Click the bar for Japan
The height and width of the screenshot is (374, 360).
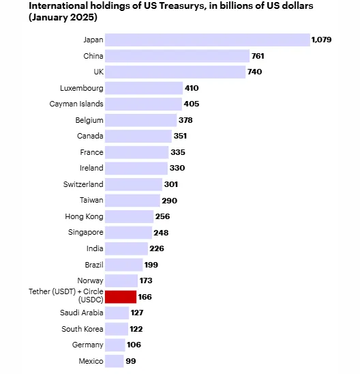pos(207,40)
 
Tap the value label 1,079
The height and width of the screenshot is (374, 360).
pos(321,40)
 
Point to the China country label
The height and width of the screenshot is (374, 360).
pos(93,56)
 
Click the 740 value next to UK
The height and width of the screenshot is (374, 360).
pos(255,72)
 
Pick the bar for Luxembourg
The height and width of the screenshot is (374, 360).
pos(144,88)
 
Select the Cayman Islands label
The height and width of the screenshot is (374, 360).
pos(76,104)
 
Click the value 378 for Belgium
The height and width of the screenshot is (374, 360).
pos(185,120)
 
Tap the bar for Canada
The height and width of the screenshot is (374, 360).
pos(138,136)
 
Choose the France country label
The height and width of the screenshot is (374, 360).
pos(91,152)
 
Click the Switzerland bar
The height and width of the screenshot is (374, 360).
pos(134,184)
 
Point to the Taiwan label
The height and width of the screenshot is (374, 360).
pos(91,200)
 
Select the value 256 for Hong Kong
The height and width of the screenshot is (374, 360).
pos(162,216)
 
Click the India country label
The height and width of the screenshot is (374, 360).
pos(95,248)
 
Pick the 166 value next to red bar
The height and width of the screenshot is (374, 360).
pos(145,297)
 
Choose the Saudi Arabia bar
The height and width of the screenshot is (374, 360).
pos(117,313)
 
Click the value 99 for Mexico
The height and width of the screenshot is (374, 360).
pos(131,361)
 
